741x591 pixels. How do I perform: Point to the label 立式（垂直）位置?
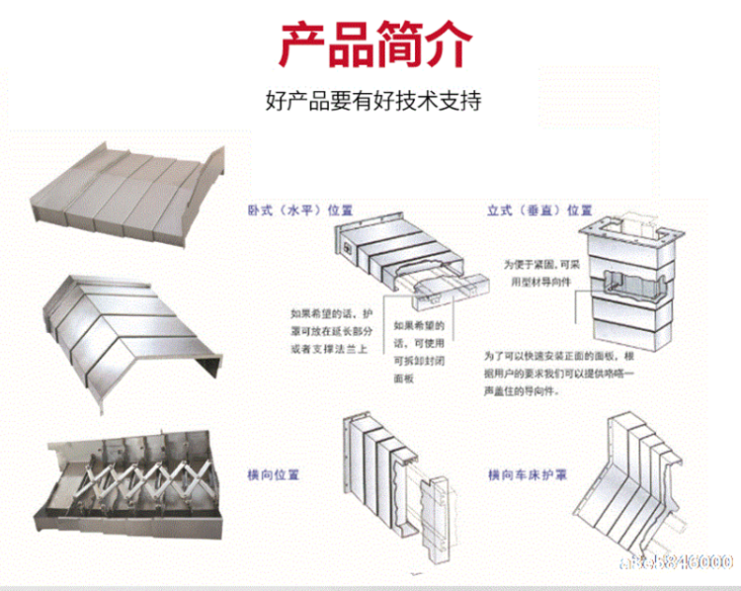tap(540, 211)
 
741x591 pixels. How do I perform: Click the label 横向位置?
tap(273, 472)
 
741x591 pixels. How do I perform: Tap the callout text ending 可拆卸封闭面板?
tap(419, 350)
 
